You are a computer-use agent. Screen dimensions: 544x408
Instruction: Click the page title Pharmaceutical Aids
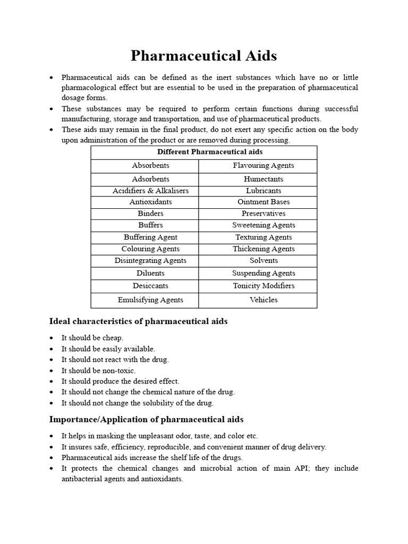pos(204,56)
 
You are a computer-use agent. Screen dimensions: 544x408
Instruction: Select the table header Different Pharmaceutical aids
pos(204,152)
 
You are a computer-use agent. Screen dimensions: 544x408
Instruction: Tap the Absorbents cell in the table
pos(151,166)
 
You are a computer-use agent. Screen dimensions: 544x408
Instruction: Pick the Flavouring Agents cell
pos(263,166)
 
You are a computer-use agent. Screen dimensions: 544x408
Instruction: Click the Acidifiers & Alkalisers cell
pos(150,191)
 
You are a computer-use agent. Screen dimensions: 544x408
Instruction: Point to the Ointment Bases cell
pos(263,202)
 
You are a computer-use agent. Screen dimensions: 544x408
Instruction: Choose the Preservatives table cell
pos(263,214)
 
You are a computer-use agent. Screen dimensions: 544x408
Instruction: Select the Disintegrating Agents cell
pos(150,261)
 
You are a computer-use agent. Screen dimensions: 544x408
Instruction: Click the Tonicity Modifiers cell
pos(263,286)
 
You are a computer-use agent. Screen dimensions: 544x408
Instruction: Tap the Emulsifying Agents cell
pos(150,300)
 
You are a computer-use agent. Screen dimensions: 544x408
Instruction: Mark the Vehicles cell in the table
pos(263,300)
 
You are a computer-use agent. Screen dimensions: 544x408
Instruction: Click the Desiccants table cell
pos(150,286)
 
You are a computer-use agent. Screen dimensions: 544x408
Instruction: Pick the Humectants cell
pos(263,180)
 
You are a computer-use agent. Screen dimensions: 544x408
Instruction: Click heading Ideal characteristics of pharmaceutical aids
pos(138,321)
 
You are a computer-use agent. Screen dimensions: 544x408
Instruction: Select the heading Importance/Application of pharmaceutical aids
pos(146,420)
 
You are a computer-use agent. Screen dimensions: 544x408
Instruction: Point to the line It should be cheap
pos(92,338)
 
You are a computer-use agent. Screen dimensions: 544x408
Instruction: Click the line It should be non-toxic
pos(98,371)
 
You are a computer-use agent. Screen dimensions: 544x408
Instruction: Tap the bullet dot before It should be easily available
pos(50,349)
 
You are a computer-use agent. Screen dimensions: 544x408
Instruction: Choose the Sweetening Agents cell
pos(263,225)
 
